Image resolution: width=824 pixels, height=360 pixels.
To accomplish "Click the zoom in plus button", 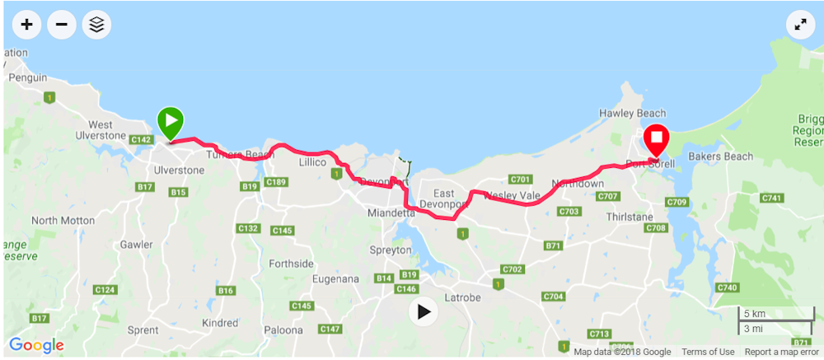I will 27,25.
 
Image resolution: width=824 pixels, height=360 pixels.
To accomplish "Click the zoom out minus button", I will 62,25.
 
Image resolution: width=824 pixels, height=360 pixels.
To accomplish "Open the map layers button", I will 97,25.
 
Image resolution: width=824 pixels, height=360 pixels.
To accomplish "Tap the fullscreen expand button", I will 799,25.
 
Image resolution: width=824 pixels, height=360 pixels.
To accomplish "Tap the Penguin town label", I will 27,77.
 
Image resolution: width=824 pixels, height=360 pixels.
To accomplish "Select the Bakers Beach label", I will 721,157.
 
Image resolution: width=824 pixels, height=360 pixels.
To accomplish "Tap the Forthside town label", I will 291,264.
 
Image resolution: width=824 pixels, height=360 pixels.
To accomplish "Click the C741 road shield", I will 773,198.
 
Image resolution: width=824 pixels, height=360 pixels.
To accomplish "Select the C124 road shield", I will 105,290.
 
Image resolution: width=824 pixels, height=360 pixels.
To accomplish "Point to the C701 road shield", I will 521,179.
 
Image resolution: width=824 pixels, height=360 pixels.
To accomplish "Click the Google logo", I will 36,345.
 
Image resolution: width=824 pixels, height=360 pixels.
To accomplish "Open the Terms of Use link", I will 708,352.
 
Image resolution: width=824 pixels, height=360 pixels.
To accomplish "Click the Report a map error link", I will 781,352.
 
